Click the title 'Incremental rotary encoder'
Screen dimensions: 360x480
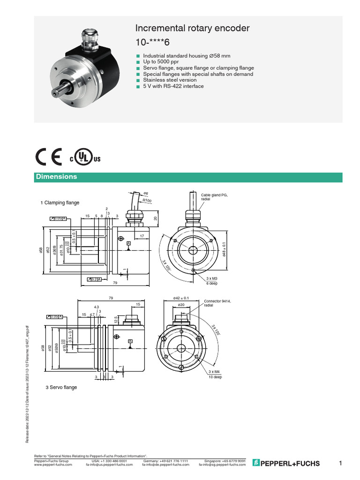pyautogui.click(x=192, y=29)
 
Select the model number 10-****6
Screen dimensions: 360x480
pyautogui.click(x=152, y=42)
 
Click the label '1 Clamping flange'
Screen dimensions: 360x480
pyautogui.click(x=60, y=202)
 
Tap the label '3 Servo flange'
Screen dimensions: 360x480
pyautogui.click(x=61, y=387)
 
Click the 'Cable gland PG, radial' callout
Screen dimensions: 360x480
pyautogui.click(x=215, y=197)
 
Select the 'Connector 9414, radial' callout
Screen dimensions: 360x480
pyautogui.click(x=217, y=302)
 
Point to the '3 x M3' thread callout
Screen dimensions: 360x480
pyautogui.click(x=212, y=278)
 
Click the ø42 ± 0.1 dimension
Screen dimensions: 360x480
pyautogui.click(x=180, y=298)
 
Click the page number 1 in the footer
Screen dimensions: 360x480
pyautogui.click(x=341, y=464)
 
